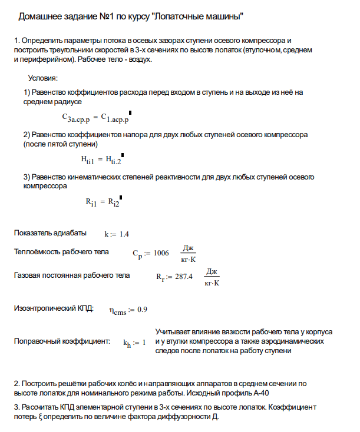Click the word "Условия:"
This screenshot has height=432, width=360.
click(x=42, y=78)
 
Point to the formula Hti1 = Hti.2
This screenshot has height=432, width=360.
click(x=101, y=159)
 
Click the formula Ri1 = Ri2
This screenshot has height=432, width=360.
click(x=103, y=202)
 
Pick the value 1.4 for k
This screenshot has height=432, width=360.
click(x=124, y=234)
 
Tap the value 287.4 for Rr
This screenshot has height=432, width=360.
click(x=183, y=277)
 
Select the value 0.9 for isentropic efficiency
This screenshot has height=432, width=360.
click(x=142, y=310)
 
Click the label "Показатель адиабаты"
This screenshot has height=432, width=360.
click(x=50, y=233)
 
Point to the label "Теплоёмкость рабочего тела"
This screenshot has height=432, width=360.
click(x=61, y=252)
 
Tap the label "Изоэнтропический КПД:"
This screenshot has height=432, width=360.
click(x=54, y=308)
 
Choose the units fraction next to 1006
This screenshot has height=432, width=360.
click(x=189, y=253)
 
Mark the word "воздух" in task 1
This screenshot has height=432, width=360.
click(x=140, y=59)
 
